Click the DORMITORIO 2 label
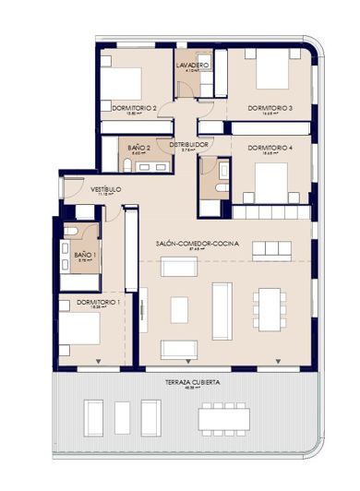pyautogui.click(x=133, y=108)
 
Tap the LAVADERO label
pyautogui.click(x=192, y=66)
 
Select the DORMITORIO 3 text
pyautogui.click(x=270, y=108)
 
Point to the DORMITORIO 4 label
pyautogui.click(x=270, y=148)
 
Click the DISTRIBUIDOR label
pyautogui.click(x=187, y=145)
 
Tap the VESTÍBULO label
pyautogui.click(x=106, y=190)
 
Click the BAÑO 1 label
pyautogui.click(x=84, y=254)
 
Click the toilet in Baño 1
pyautogui.click(x=71, y=231)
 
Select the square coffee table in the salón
pyautogui.click(x=179, y=309)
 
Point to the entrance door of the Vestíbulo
pyautogui.click(x=65, y=190)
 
